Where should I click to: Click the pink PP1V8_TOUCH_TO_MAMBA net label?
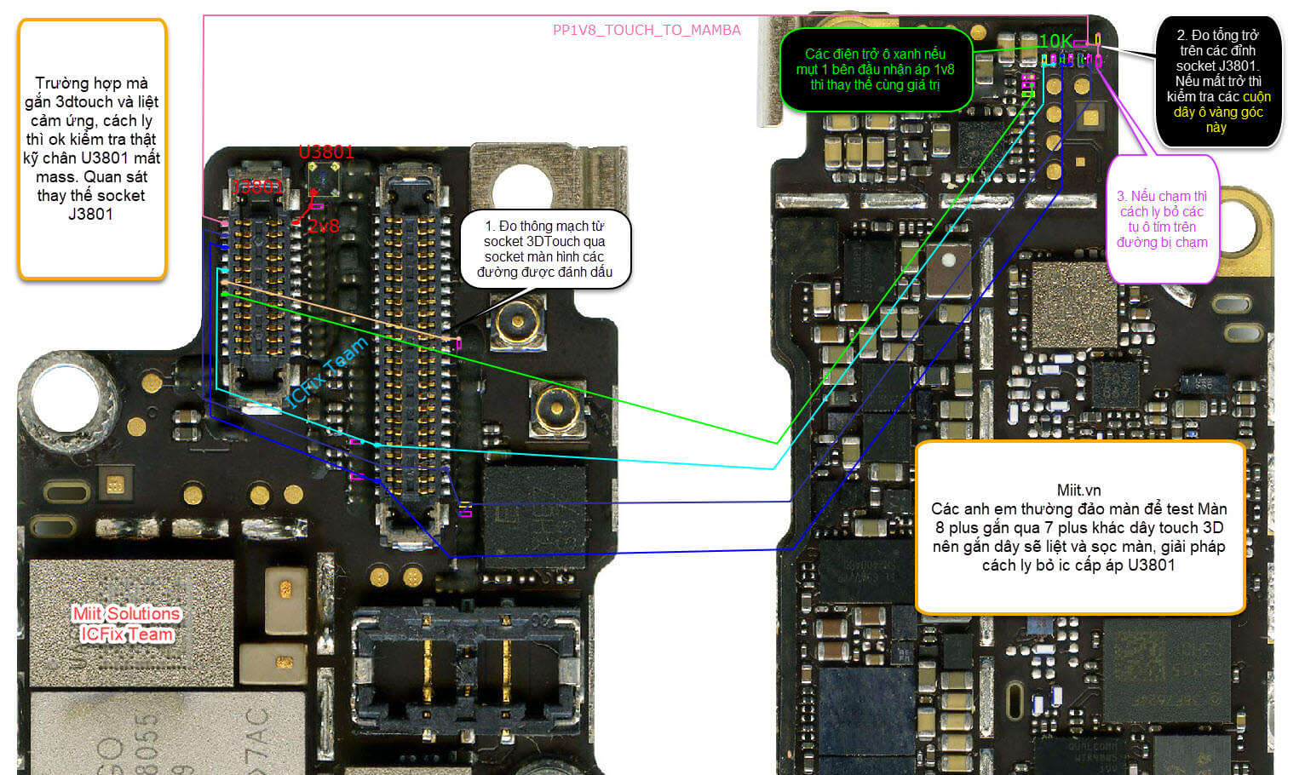pyautogui.click(x=647, y=31)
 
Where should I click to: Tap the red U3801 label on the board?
pyautogui.click(x=325, y=152)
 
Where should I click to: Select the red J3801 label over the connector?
pyautogui.click(x=256, y=187)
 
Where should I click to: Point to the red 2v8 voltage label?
pyautogui.click(x=324, y=227)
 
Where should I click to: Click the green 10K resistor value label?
pyautogui.click(x=1055, y=41)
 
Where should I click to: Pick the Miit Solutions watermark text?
pyautogui.click(x=126, y=614)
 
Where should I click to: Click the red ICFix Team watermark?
pyautogui.click(x=127, y=634)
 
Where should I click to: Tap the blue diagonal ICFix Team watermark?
pyautogui.click(x=327, y=371)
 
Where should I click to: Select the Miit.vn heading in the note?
pyautogui.click(x=1078, y=491)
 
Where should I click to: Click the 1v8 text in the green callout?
pyautogui.click(x=944, y=70)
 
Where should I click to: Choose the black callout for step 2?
pyautogui.click(x=1217, y=81)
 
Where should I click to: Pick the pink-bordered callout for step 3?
pyautogui.click(x=1162, y=219)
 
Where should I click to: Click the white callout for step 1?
pyautogui.click(x=544, y=249)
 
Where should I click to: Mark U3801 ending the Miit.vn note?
pyautogui.click(x=1152, y=565)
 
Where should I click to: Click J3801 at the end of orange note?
pyautogui.click(x=90, y=215)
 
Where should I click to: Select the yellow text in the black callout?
pyautogui.click(x=1222, y=112)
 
